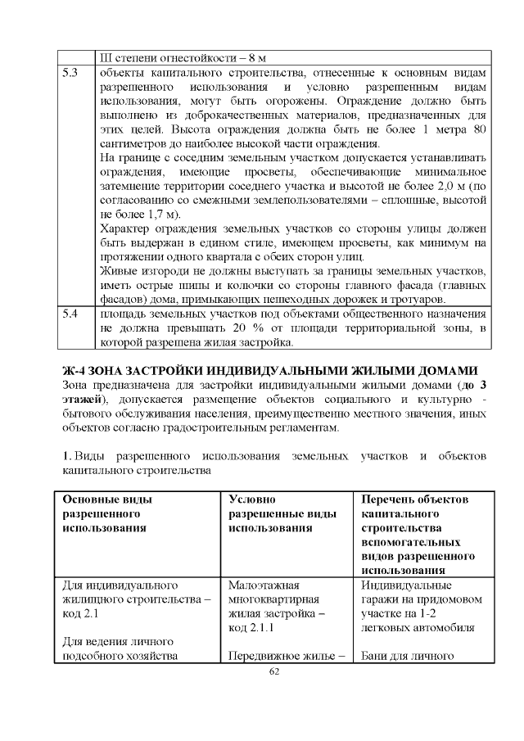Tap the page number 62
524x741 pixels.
(x=274, y=671)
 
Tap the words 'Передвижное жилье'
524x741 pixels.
(x=283, y=655)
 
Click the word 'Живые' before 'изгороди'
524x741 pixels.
(x=117, y=271)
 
